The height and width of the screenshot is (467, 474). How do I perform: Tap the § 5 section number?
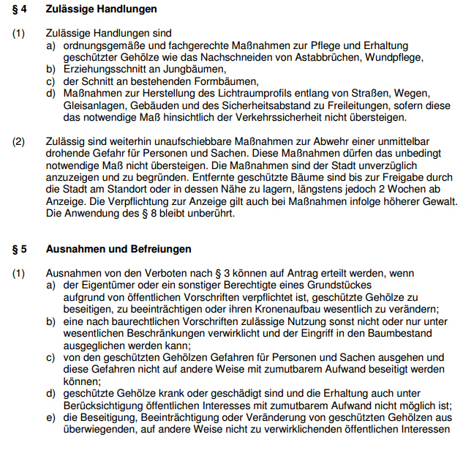(20, 249)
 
